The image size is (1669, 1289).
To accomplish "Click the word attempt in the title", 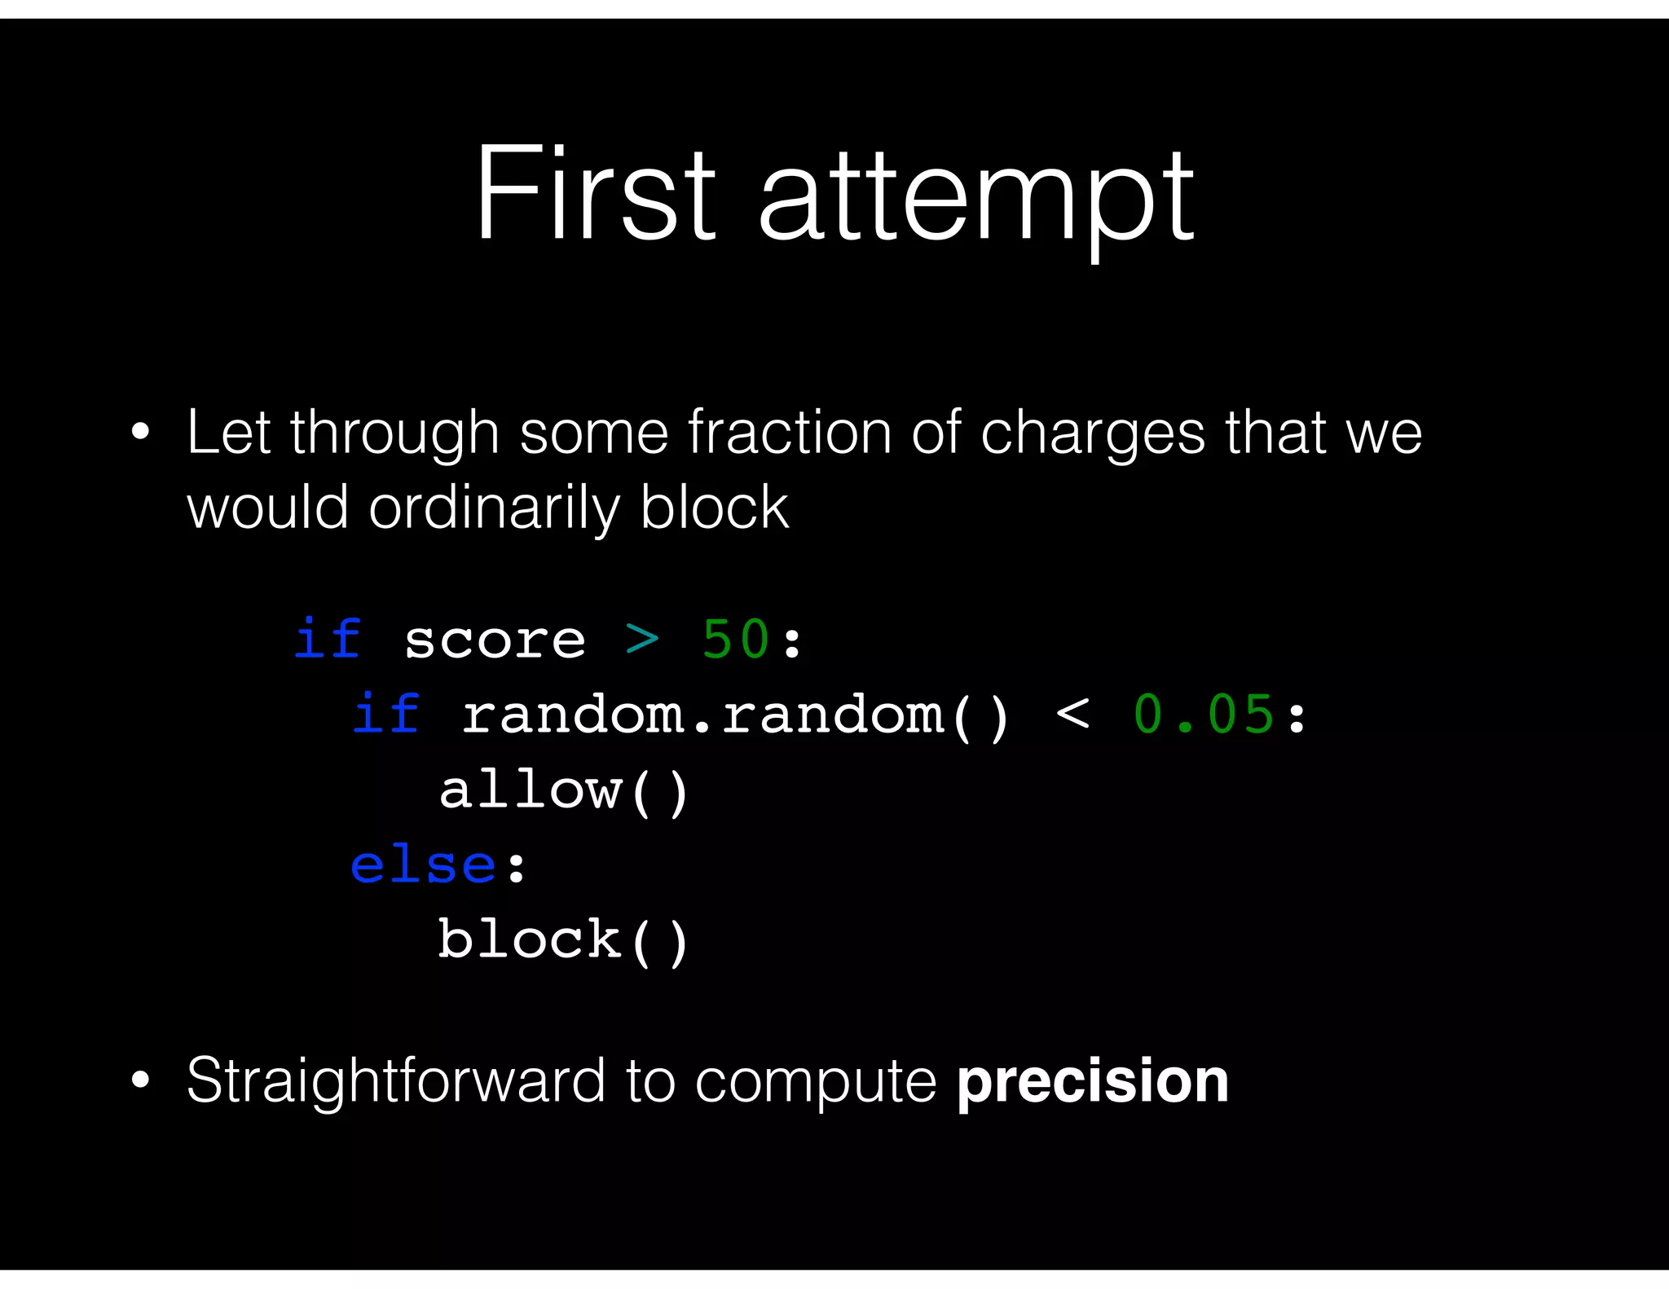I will click(x=975, y=200).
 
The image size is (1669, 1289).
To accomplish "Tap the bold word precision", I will click(x=1092, y=1080).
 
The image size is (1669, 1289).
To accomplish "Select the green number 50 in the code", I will click(x=735, y=639).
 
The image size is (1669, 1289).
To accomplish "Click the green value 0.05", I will click(x=1203, y=715).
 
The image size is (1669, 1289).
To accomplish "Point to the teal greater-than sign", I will click(x=642, y=640).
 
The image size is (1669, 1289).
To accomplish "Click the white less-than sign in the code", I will click(x=1072, y=715).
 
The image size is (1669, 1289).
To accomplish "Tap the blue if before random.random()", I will click(x=386, y=714).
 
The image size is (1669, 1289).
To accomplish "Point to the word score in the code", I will click(x=495, y=640).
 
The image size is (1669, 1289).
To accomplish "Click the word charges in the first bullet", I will click(x=1092, y=434).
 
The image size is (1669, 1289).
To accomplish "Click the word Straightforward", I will click(x=395, y=1082).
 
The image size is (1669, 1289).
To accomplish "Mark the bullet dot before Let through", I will click(x=140, y=433).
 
